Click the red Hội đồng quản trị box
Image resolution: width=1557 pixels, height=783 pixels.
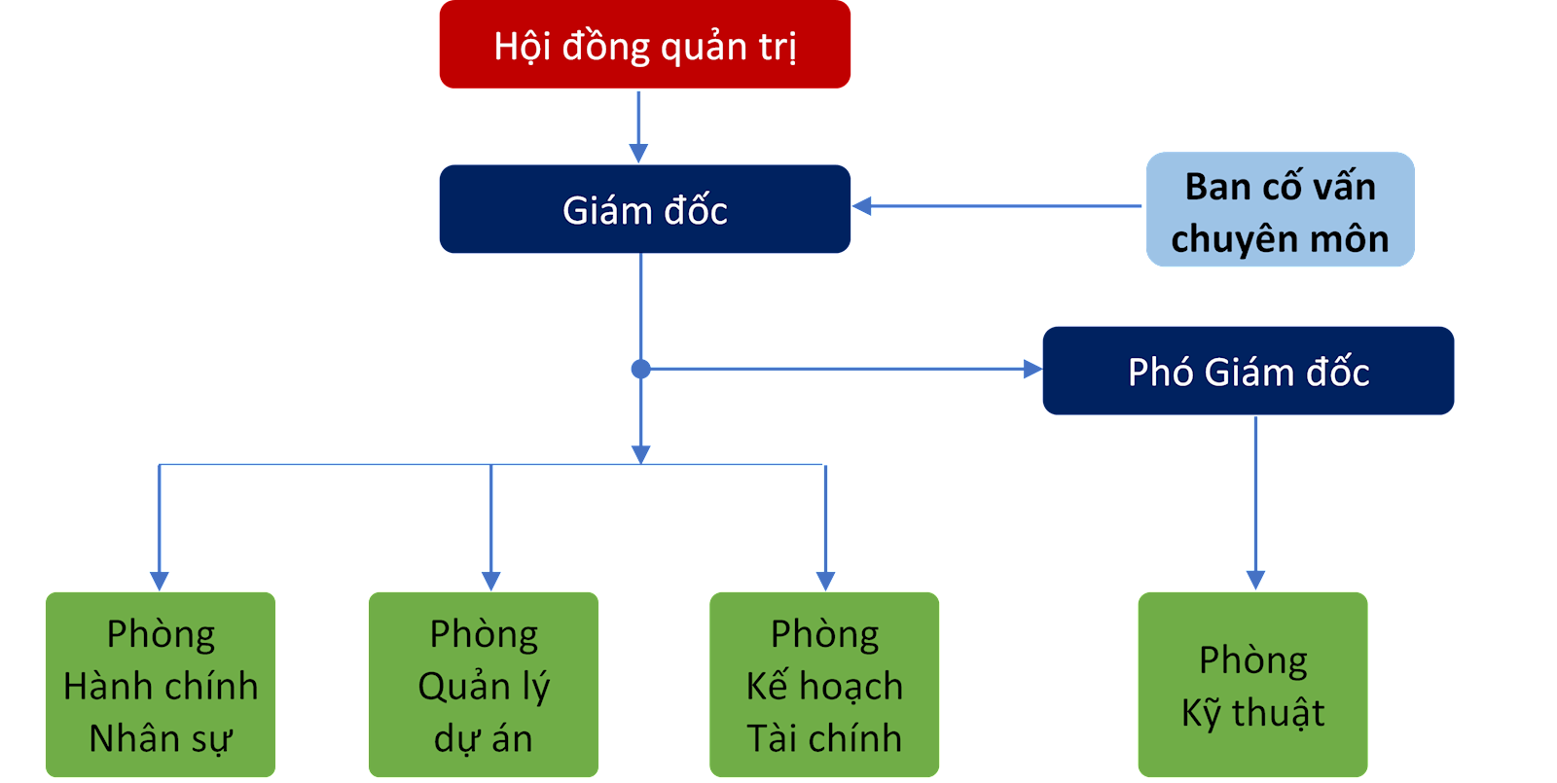[644, 45]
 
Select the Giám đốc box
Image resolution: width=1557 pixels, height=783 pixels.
[644, 209]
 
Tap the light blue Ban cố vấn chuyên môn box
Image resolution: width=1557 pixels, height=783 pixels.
[1280, 209]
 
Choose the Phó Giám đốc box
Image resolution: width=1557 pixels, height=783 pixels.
[1248, 371]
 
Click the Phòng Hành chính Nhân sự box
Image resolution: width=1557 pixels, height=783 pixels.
[161, 685]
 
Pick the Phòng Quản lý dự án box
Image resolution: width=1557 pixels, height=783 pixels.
[483, 685]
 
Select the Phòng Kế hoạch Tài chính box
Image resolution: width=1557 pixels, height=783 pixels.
[824, 685]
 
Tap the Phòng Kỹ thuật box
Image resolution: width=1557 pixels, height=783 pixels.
[1252, 685]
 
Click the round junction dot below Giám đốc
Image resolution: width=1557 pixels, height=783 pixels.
[640, 369]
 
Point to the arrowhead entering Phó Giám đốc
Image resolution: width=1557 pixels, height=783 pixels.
[1032, 369]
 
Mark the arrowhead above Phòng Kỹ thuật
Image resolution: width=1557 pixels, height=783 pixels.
[1255, 580]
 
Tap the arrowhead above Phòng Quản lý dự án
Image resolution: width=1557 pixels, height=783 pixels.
[490, 580]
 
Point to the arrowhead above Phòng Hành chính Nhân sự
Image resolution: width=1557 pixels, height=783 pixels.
[160, 580]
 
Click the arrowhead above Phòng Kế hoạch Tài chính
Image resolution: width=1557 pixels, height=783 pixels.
[825, 580]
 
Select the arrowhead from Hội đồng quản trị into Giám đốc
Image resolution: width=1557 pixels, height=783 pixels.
[638, 153]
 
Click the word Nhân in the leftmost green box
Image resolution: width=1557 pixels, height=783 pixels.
[124, 738]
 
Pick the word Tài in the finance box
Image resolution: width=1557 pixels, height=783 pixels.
[771, 738]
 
